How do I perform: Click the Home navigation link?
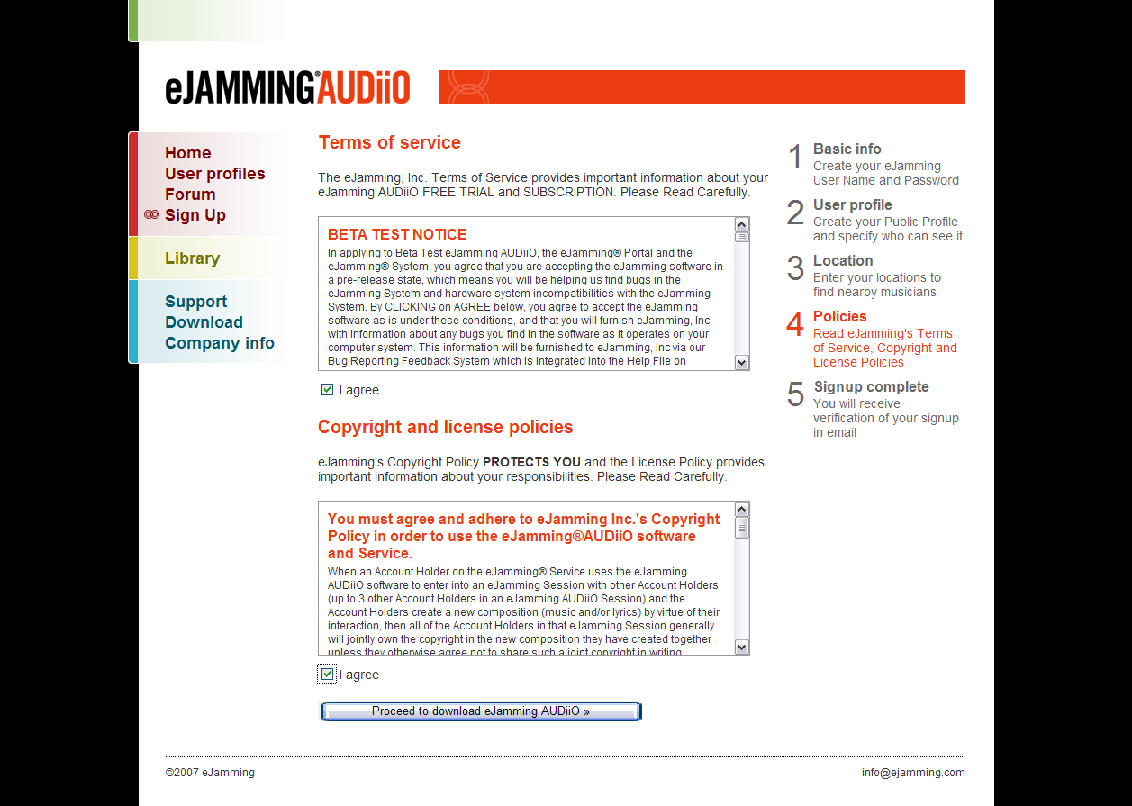coord(187,153)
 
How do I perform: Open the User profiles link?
coord(214,174)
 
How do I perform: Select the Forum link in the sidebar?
coord(190,195)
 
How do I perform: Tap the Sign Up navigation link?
coord(195,215)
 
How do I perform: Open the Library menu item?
coord(192,258)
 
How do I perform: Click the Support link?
coord(195,302)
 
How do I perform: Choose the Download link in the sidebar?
coord(204,322)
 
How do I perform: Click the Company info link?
coord(219,343)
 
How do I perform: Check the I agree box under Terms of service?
coord(327,390)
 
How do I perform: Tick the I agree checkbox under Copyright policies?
coord(327,675)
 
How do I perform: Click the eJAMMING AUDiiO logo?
coord(287,87)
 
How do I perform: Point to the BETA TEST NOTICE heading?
coord(397,234)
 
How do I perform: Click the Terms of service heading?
coord(389,142)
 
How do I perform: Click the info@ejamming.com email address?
coord(912,773)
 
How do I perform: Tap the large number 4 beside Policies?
coord(794,325)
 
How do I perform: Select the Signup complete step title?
coord(871,387)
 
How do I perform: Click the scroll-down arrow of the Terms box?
coord(742,363)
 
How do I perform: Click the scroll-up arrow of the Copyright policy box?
coord(742,510)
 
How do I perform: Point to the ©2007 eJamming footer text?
coord(210,773)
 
